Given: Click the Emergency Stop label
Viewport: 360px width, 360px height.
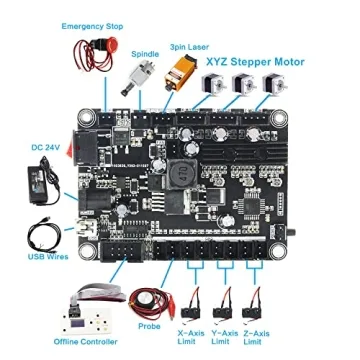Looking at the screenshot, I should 93,24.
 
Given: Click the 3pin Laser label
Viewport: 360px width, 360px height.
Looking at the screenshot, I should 190,46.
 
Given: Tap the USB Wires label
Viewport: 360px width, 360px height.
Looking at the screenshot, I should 38,256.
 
